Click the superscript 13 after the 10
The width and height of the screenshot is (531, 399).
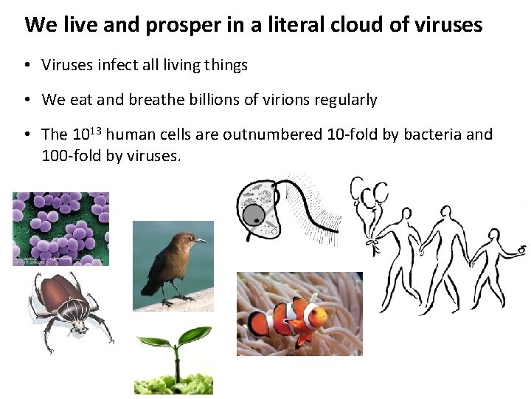(96, 130)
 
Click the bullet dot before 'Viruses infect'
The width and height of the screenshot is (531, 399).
(27, 66)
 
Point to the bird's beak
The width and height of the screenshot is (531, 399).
(201, 240)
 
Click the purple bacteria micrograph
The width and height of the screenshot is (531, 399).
(60, 228)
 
